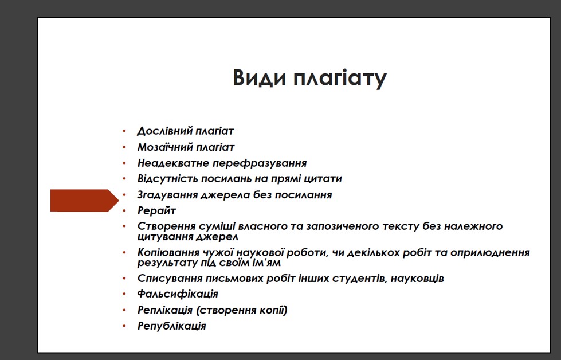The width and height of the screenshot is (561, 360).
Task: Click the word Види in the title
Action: [x=260, y=77]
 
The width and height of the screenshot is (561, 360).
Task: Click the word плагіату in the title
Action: [x=340, y=78]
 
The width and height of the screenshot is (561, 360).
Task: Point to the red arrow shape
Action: [x=84, y=201]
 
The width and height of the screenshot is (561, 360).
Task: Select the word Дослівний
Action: [x=164, y=131]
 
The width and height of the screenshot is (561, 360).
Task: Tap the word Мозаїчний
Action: [x=165, y=147]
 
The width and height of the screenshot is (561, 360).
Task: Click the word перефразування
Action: [x=260, y=163]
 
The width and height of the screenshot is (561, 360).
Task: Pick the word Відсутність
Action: [x=167, y=179]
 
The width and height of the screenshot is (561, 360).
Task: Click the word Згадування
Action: [x=167, y=195]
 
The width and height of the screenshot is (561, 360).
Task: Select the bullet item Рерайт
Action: [x=156, y=211]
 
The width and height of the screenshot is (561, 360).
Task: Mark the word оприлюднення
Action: [x=490, y=253]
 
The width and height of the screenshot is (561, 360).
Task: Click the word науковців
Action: [x=417, y=279]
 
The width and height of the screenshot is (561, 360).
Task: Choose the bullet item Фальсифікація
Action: [x=178, y=294]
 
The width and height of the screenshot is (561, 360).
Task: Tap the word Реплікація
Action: [x=165, y=310]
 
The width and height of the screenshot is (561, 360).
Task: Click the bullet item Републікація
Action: [x=172, y=326]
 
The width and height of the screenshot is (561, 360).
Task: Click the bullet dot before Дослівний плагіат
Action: [x=124, y=131]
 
